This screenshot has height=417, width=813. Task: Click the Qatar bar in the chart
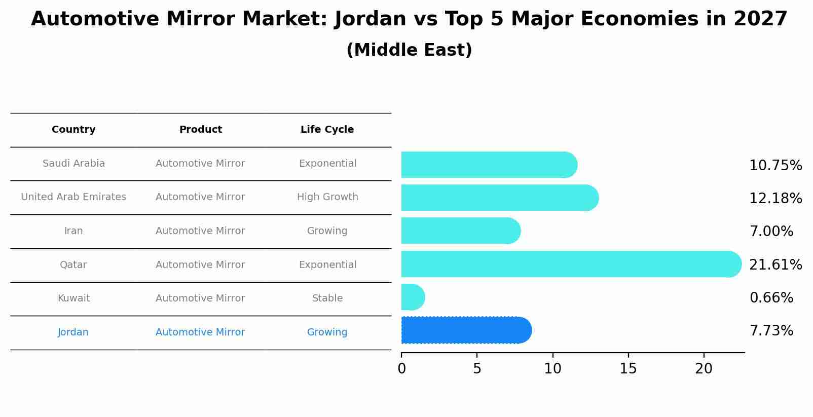568,264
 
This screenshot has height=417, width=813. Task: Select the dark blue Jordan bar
464,330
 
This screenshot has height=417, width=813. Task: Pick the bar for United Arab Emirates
497,198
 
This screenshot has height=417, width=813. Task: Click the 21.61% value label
775,264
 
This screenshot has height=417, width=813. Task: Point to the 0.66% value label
771,297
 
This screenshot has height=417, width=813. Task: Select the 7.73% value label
771,331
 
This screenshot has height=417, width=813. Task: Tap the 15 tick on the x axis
628,369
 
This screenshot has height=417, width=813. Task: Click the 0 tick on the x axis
401,369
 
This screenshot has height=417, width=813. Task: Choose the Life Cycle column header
327,130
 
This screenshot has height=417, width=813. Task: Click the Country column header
73,130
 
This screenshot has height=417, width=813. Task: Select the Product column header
200,130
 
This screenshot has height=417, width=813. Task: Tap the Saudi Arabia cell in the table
73,164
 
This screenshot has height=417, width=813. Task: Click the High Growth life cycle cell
327,197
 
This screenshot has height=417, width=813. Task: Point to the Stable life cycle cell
327,298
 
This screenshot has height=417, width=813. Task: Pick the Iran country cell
73,231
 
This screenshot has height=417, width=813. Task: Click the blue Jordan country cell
73,332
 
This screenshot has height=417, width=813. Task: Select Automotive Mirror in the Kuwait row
200,298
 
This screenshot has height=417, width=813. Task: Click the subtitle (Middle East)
409,50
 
